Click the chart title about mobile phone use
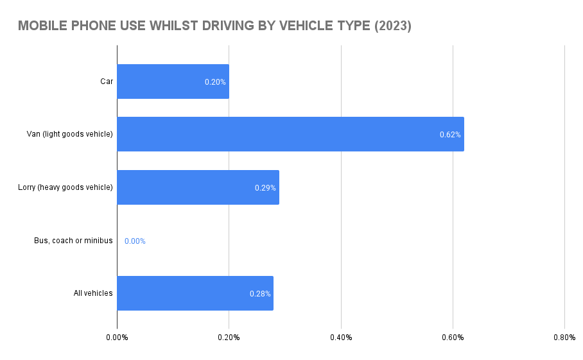[x=214, y=26]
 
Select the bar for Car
[x=173, y=81]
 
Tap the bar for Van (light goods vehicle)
[x=290, y=134]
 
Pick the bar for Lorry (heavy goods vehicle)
[x=198, y=187]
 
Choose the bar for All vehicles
[x=195, y=293]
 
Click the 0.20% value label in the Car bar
[x=215, y=82]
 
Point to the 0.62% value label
[x=450, y=135]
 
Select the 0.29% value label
[x=265, y=188]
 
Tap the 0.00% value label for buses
[x=135, y=241]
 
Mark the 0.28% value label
[x=260, y=294]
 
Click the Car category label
[x=107, y=81]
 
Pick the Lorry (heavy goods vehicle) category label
[x=65, y=187]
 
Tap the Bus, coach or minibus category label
[x=73, y=241]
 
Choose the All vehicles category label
[x=93, y=293]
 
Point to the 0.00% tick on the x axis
[x=117, y=338]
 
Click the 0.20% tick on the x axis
[x=229, y=338]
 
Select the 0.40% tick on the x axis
[x=341, y=338]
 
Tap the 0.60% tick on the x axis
[x=453, y=338]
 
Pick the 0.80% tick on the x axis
[x=564, y=338]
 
